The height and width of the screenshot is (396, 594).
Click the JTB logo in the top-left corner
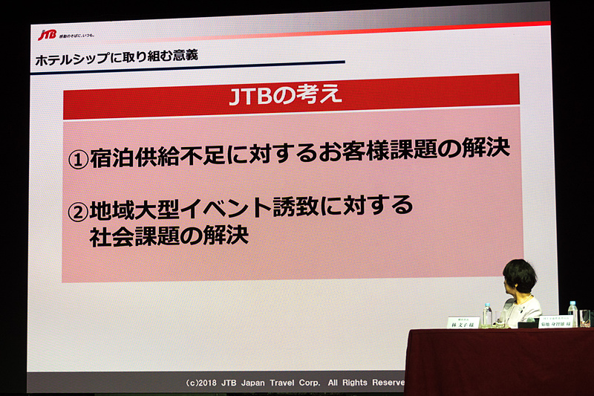pyautogui.click(x=48, y=35)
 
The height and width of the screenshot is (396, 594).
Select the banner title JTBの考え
pyautogui.click(x=286, y=97)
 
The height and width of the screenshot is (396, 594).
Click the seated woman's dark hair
pyautogui.click(x=520, y=276)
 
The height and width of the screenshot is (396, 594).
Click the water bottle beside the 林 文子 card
pyautogui.click(x=487, y=315)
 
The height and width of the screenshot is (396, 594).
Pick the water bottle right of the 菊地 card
pyautogui.click(x=572, y=314)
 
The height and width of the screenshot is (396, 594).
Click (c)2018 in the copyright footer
pyautogui.click(x=203, y=383)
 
